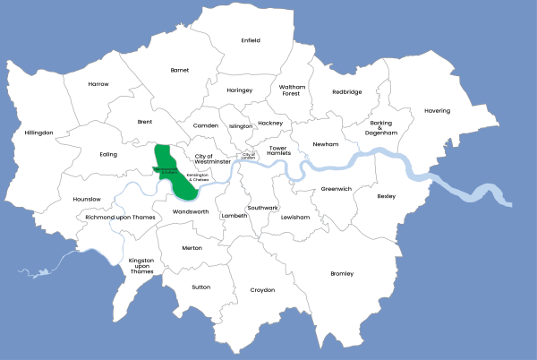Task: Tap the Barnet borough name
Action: coord(180,69)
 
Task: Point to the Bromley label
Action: coord(342,273)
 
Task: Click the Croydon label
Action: coord(262,290)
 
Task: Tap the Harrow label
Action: coord(98,84)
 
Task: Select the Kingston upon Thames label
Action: coord(142,266)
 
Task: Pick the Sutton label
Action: coord(201,287)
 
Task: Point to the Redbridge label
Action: coord(347,91)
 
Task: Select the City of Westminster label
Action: coord(213,159)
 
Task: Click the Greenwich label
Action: coord(337,189)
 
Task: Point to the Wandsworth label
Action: coord(190,212)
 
